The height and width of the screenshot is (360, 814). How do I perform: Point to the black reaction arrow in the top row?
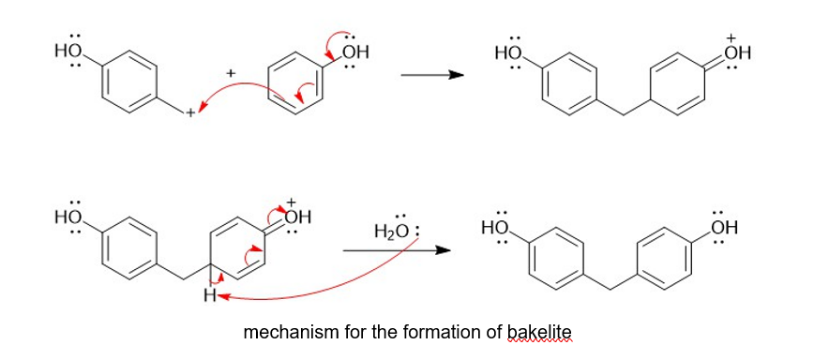[x=431, y=75]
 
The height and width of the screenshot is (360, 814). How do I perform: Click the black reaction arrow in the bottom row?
[x=396, y=250]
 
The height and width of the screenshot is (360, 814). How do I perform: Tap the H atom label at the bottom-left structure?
[x=210, y=296]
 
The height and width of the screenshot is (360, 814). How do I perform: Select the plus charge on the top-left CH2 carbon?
[x=190, y=112]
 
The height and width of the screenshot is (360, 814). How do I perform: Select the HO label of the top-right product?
[x=507, y=52]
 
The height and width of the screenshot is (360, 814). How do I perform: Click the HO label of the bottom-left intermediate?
[x=68, y=215]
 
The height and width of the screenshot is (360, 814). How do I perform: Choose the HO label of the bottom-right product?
[x=494, y=227]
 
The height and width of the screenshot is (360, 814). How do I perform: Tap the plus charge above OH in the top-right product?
[x=731, y=37]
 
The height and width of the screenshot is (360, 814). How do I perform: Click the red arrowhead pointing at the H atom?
[x=221, y=296]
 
